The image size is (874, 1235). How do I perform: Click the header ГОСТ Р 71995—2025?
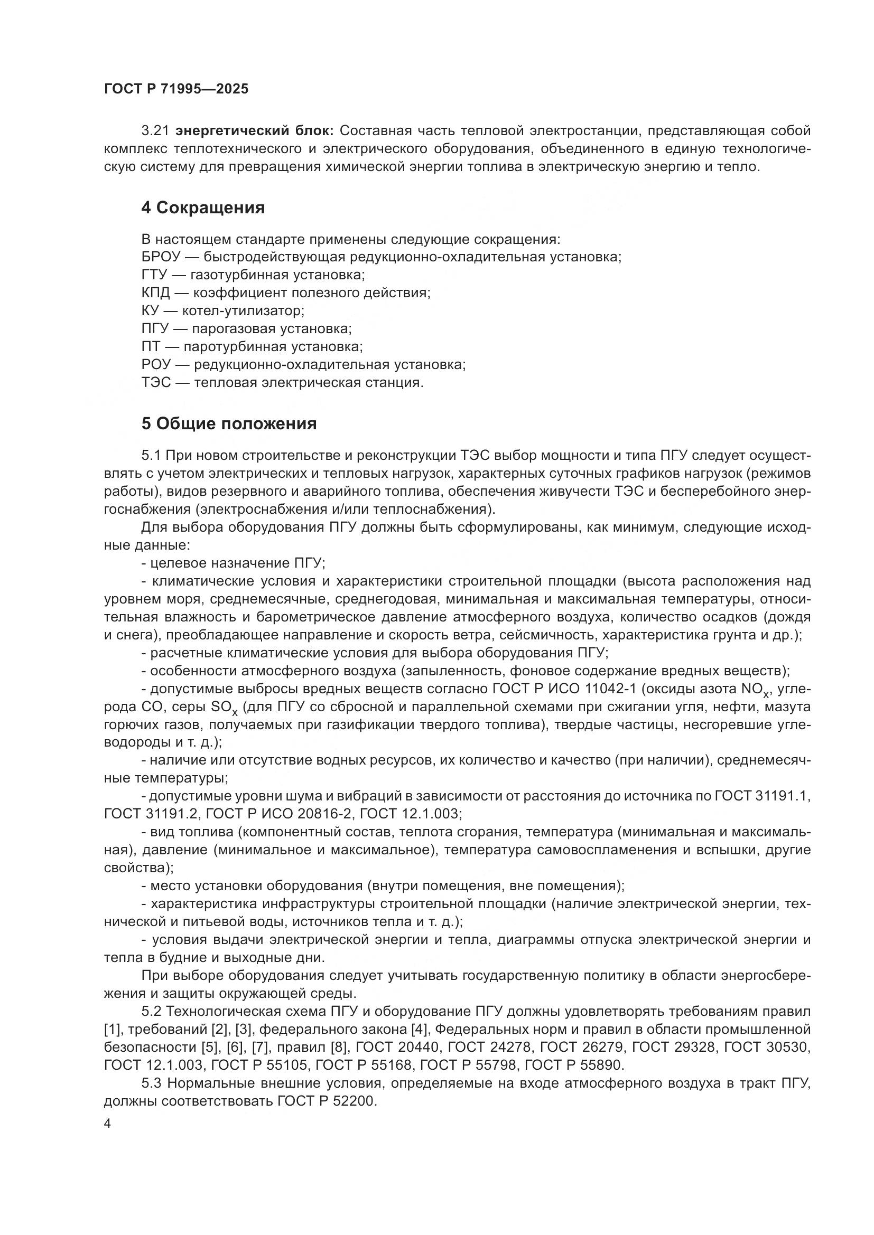(x=176, y=89)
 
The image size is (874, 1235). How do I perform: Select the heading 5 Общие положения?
(x=229, y=424)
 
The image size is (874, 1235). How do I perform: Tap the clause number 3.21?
(x=155, y=131)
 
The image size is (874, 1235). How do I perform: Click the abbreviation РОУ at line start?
(x=156, y=364)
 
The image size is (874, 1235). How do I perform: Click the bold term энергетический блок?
(x=255, y=131)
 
